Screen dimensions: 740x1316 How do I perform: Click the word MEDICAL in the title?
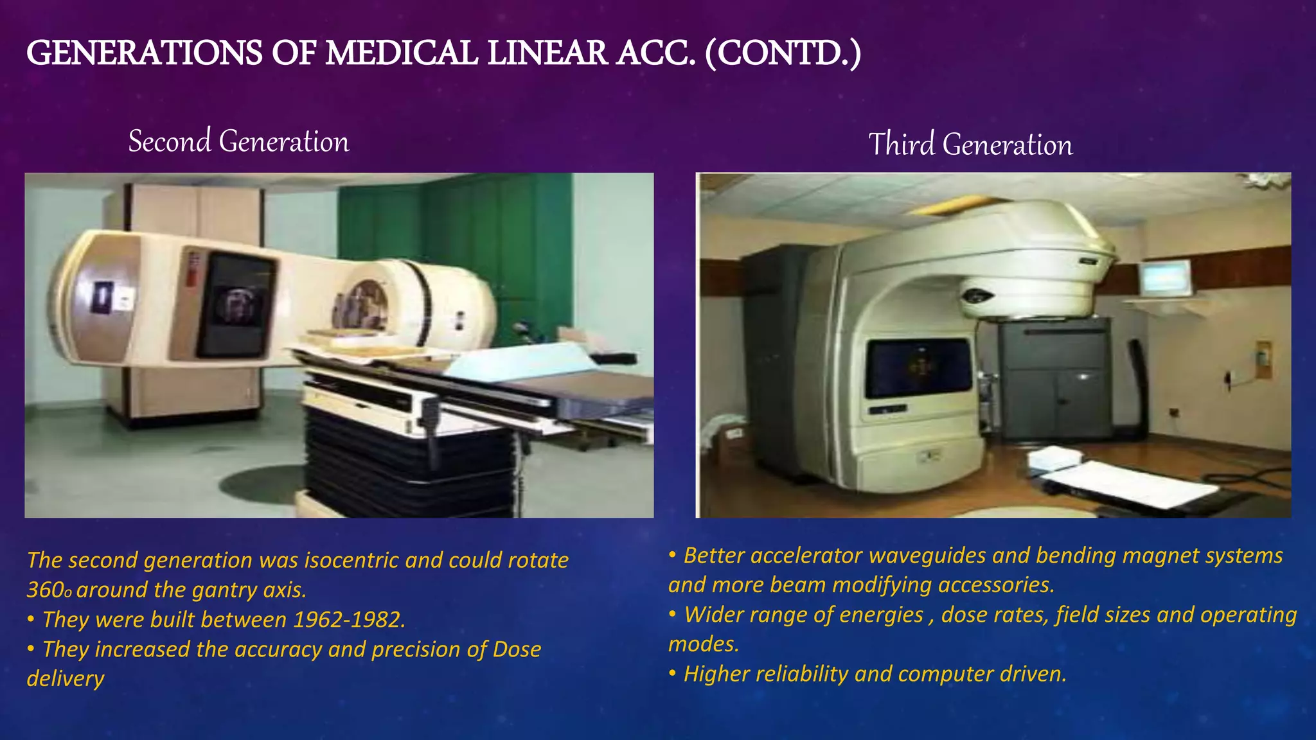click(401, 53)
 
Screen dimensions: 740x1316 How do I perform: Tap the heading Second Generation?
click(238, 142)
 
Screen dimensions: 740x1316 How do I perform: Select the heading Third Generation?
click(970, 145)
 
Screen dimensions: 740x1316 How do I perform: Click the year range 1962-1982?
click(349, 619)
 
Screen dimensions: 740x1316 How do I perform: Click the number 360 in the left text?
click(45, 590)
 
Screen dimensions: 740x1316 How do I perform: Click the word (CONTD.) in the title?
click(783, 53)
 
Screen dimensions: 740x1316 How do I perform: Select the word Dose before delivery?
click(517, 649)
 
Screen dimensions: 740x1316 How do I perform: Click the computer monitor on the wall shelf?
click(1164, 277)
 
